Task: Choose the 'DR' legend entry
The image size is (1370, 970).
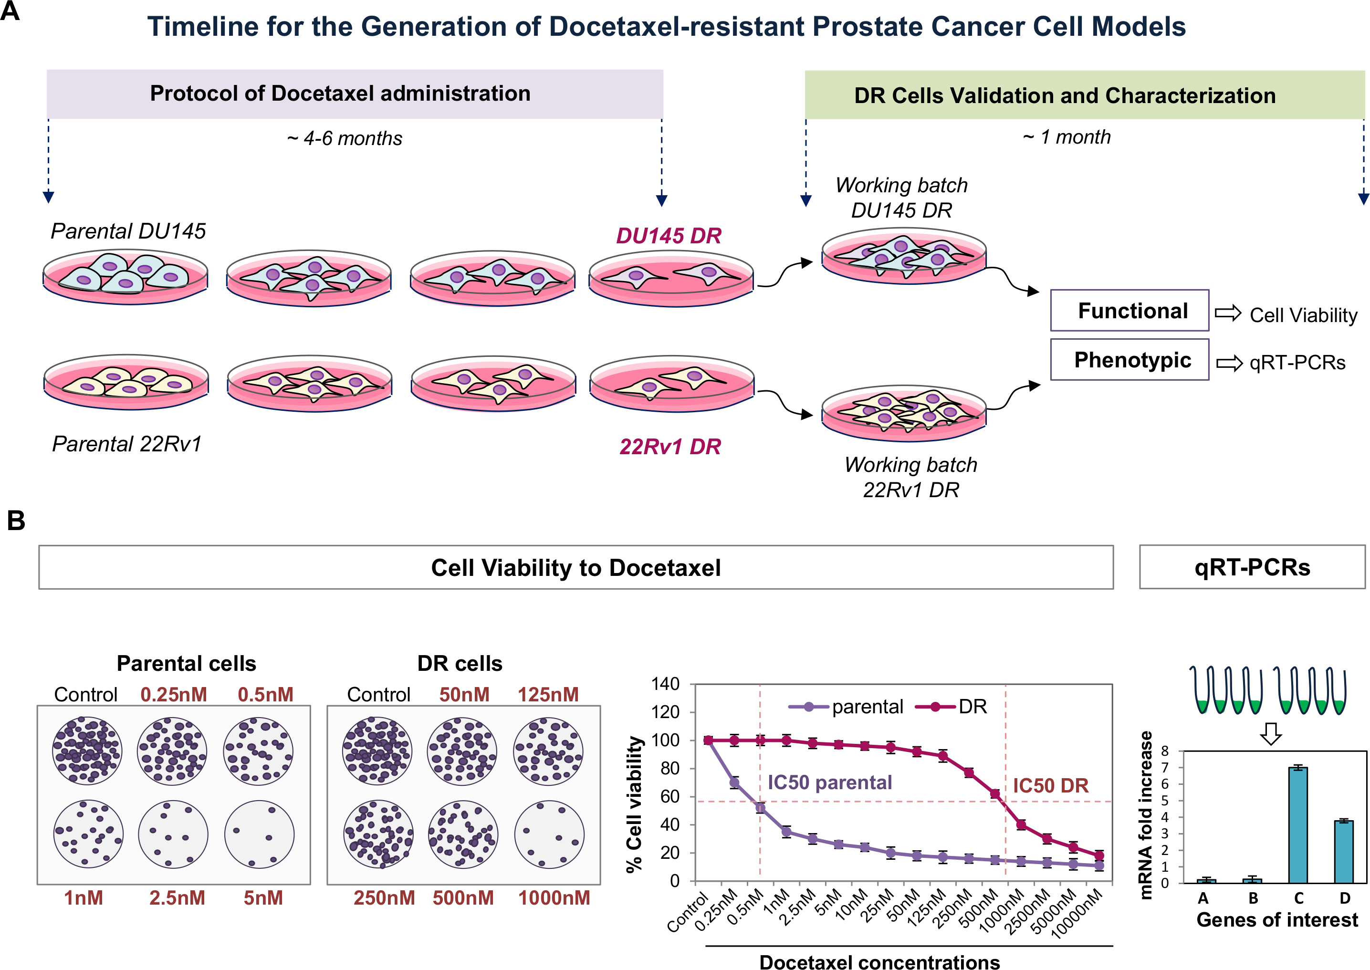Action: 952,707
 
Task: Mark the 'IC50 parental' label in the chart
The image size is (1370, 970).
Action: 829,782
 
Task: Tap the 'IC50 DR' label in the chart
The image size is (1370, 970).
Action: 1050,785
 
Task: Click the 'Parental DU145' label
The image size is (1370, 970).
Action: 128,231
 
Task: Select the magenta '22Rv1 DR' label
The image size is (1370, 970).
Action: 670,447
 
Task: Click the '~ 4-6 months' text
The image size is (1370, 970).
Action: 345,138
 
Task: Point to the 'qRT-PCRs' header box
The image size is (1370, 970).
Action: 1252,567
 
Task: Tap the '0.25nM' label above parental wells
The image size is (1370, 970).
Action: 174,695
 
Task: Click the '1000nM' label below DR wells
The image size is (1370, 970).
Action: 554,898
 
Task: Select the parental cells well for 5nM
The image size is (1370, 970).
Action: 259,835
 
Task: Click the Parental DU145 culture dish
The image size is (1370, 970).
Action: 125,278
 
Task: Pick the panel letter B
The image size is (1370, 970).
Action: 16,520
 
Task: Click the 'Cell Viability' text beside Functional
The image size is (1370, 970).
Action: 1303,315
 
